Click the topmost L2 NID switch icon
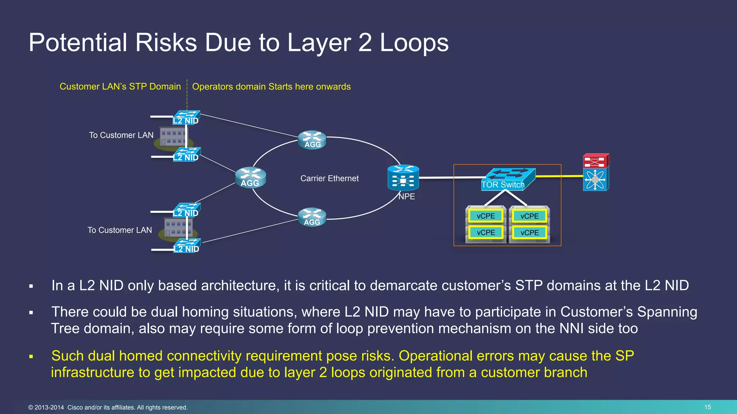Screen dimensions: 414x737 [x=186, y=117]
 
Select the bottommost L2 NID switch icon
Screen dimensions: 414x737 [x=186, y=245]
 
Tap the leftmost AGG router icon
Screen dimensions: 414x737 [x=250, y=178]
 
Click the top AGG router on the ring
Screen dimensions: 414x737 [x=312, y=140]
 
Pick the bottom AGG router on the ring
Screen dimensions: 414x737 [x=312, y=217]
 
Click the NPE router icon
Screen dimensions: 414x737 [x=403, y=178]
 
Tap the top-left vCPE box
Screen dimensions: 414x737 [x=486, y=216]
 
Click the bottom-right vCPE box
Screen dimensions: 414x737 [x=529, y=233]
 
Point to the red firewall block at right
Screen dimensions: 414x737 [x=596, y=161]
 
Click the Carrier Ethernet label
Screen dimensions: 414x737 [x=329, y=178]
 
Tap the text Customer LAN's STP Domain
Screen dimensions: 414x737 [x=120, y=87]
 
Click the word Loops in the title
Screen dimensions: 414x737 [x=414, y=43]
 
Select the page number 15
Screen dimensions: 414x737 [x=707, y=407]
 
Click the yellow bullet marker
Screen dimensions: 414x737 [x=31, y=357]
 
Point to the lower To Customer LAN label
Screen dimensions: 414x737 [x=119, y=230]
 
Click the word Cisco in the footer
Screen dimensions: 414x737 [x=75, y=408]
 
